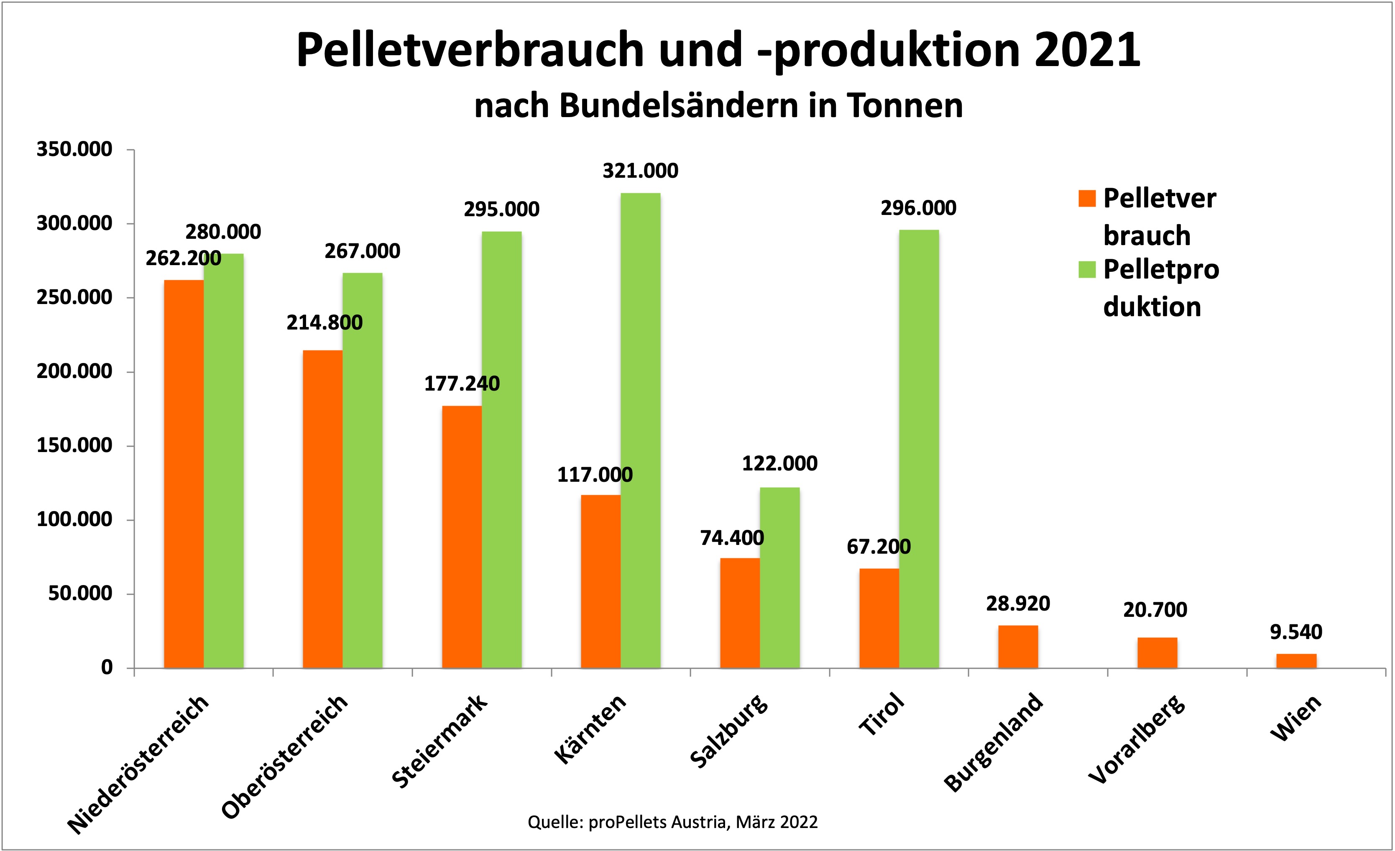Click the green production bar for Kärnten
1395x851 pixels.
(640, 430)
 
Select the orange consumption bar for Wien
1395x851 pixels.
(1296, 661)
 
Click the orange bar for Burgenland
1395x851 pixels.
(1018, 647)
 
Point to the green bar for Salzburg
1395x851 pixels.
(779, 578)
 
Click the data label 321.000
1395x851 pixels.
(640, 171)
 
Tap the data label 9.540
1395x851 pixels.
(1296, 632)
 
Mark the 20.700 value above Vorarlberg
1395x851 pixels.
(1155, 610)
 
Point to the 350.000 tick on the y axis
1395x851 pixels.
(74, 149)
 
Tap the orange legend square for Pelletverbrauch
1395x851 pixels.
(1087, 198)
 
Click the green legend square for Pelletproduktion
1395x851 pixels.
(1087, 269)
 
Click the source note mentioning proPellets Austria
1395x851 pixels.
(672, 822)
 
